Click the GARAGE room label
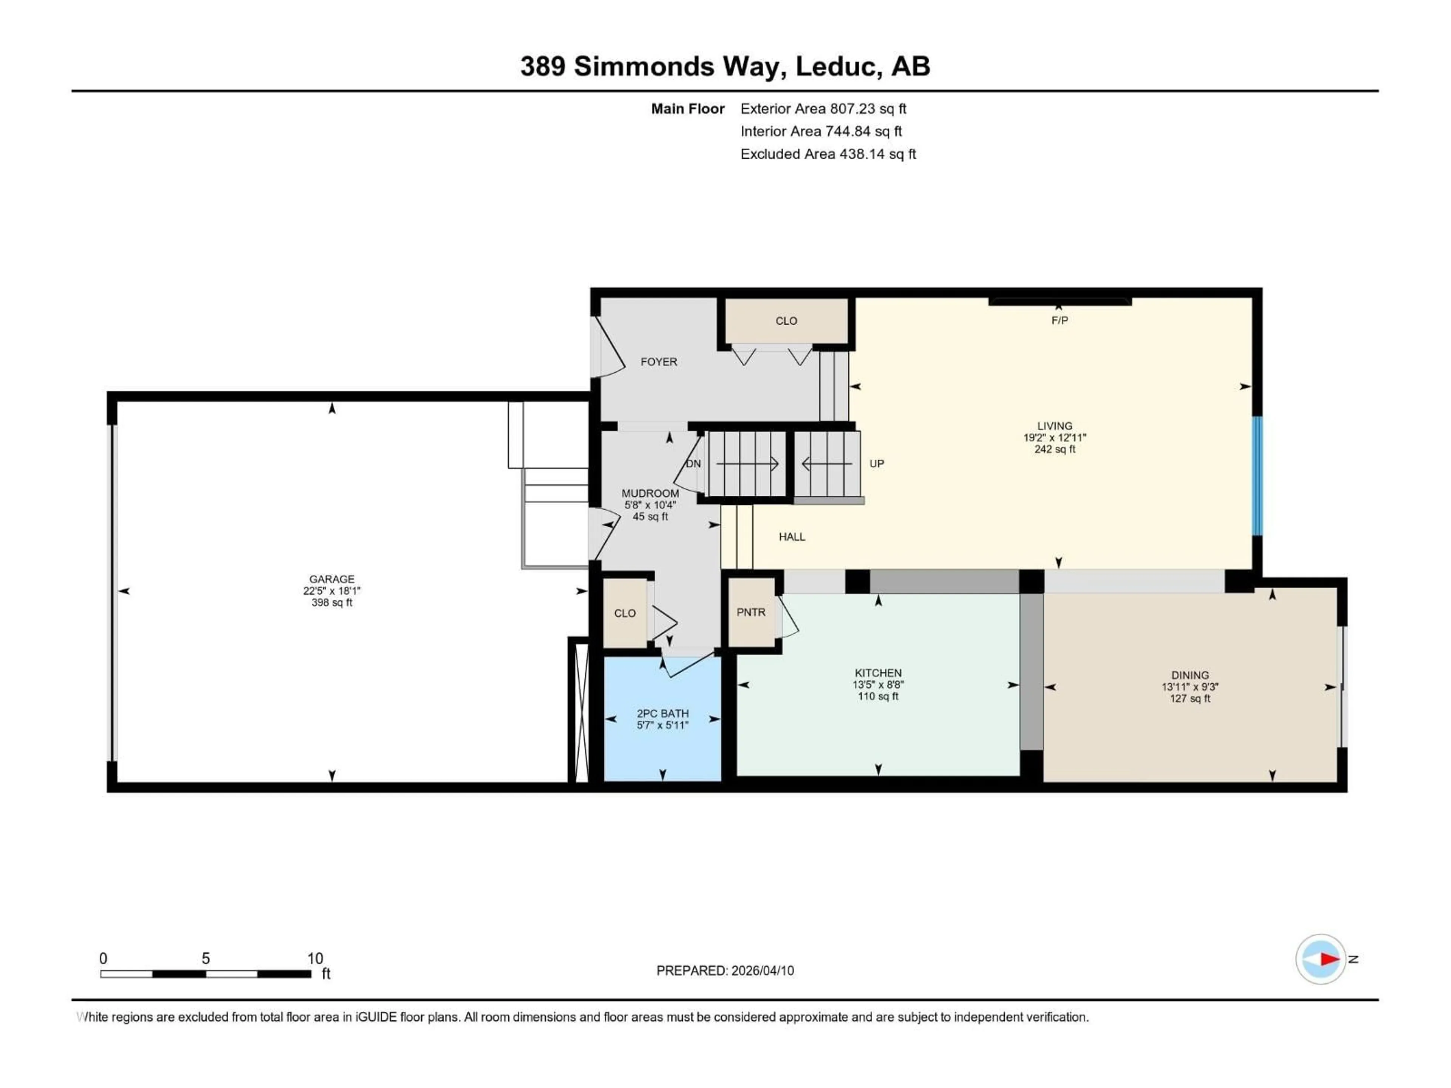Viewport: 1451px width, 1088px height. coord(331,579)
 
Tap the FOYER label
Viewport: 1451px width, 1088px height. coord(659,362)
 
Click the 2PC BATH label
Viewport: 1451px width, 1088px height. coord(662,714)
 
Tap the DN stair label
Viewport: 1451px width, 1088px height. coord(693,464)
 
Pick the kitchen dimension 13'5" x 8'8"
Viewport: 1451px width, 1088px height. coord(878,685)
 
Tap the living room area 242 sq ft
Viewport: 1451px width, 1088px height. coord(1054,449)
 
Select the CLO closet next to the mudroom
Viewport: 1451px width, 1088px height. coord(625,613)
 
